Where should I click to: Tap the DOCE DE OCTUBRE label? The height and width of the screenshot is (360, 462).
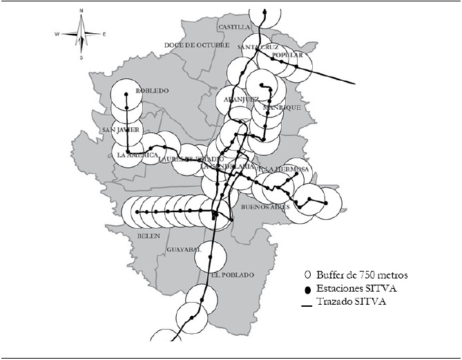pyautogui.click(x=196, y=45)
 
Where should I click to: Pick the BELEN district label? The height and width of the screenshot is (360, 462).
pyautogui.click(x=148, y=236)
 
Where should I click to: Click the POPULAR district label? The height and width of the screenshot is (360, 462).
pyautogui.click(x=288, y=55)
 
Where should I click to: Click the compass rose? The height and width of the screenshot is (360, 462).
pyautogui.click(x=81, y=34)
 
